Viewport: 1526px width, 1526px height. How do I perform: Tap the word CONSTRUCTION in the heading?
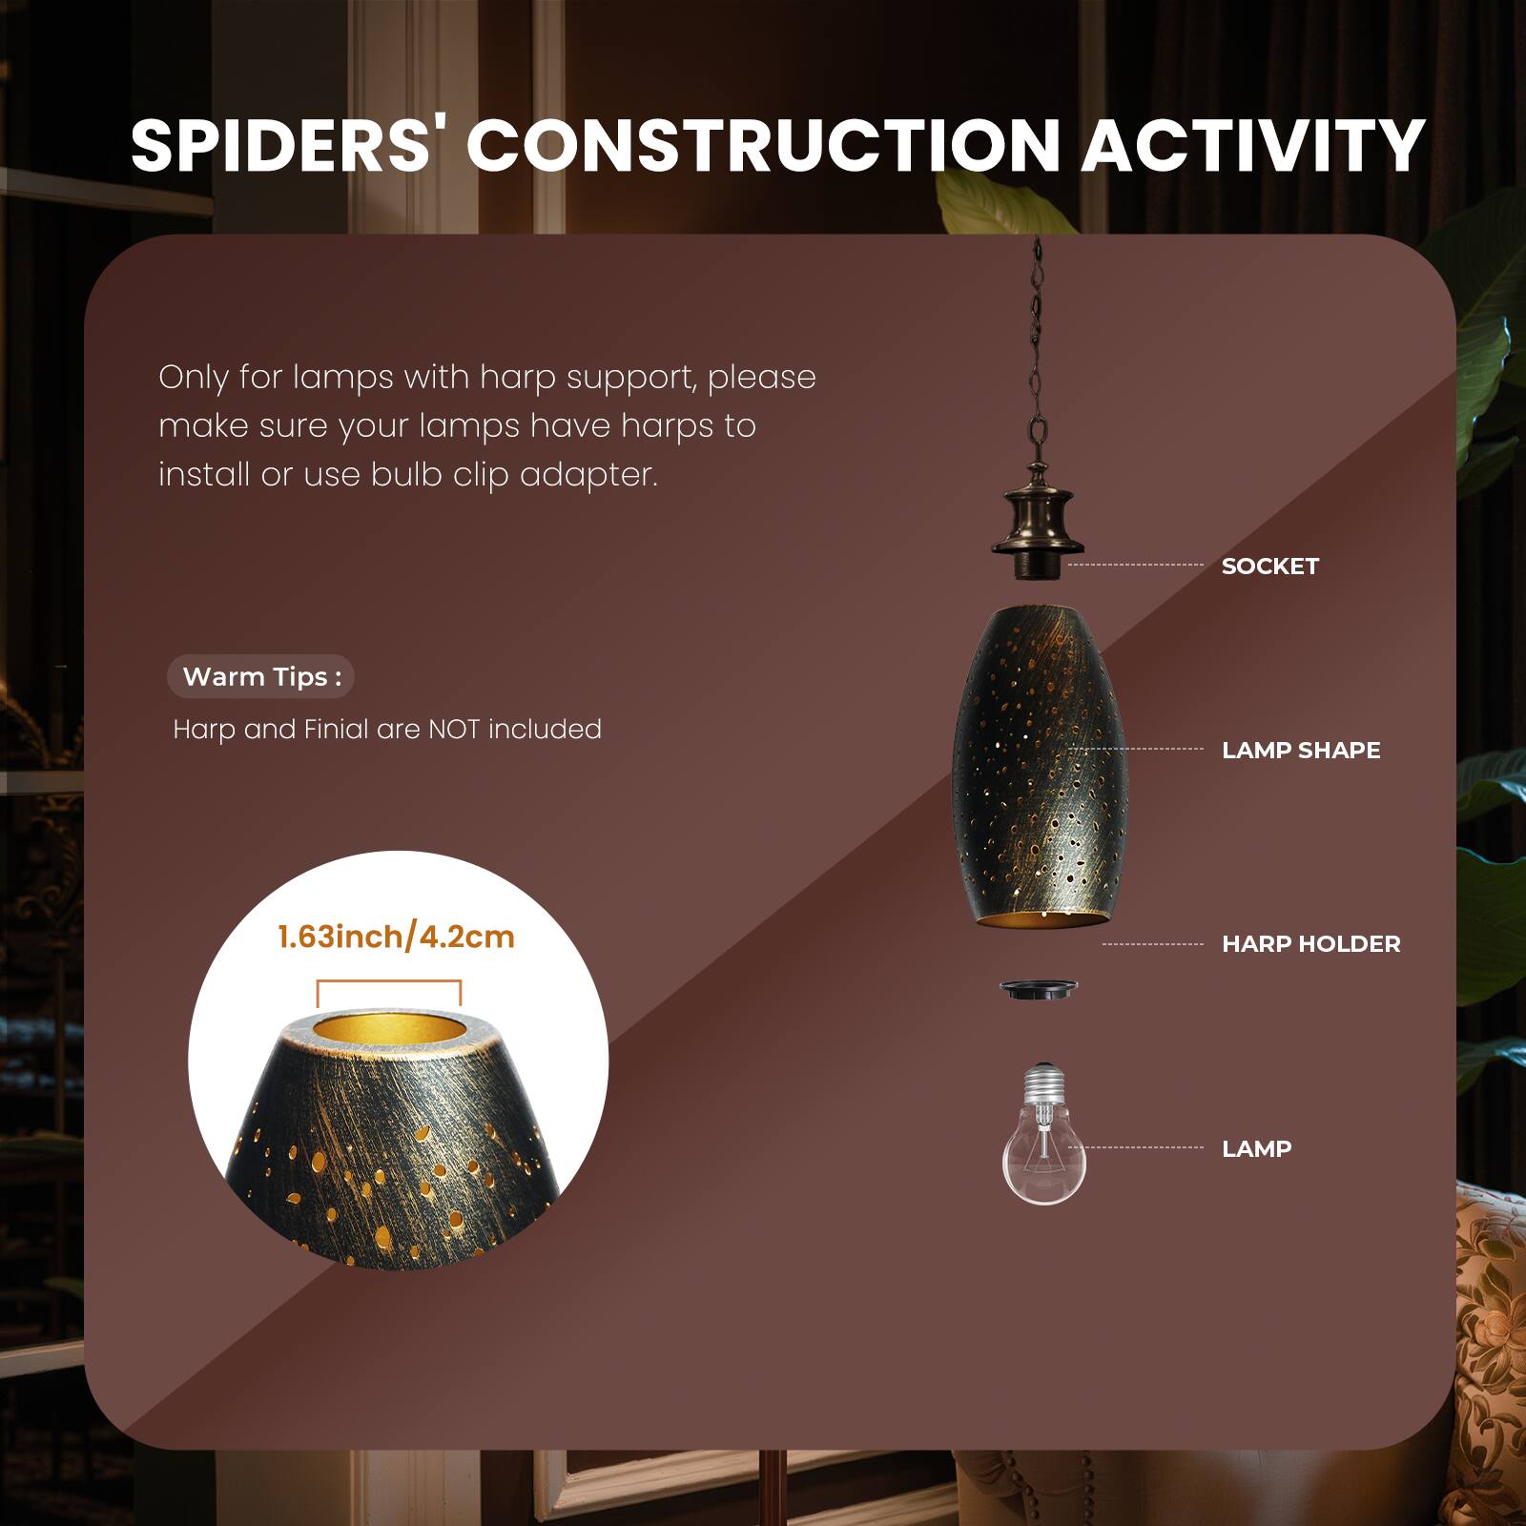[x=763, y=146]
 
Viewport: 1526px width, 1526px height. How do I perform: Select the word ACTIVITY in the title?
[x=1252, y=146]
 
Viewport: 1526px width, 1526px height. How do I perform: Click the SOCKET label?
[x=1269, y=567]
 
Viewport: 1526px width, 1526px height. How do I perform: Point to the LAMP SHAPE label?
[x=1301, y=751]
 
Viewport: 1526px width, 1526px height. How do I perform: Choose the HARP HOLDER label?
[x=1311, y=944]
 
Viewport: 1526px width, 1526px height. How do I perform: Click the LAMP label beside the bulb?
[x=1256, y=1149]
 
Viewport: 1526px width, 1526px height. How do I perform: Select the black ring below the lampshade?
[x=1039, y=989]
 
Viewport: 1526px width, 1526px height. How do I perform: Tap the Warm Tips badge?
[x=261, y=677]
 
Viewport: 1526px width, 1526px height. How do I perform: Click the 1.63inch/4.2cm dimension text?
[x=396, y=937]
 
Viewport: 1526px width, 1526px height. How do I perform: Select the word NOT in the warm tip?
[x=454, y=730]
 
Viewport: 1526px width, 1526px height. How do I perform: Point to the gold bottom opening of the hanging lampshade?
[x=1041, y=918]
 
